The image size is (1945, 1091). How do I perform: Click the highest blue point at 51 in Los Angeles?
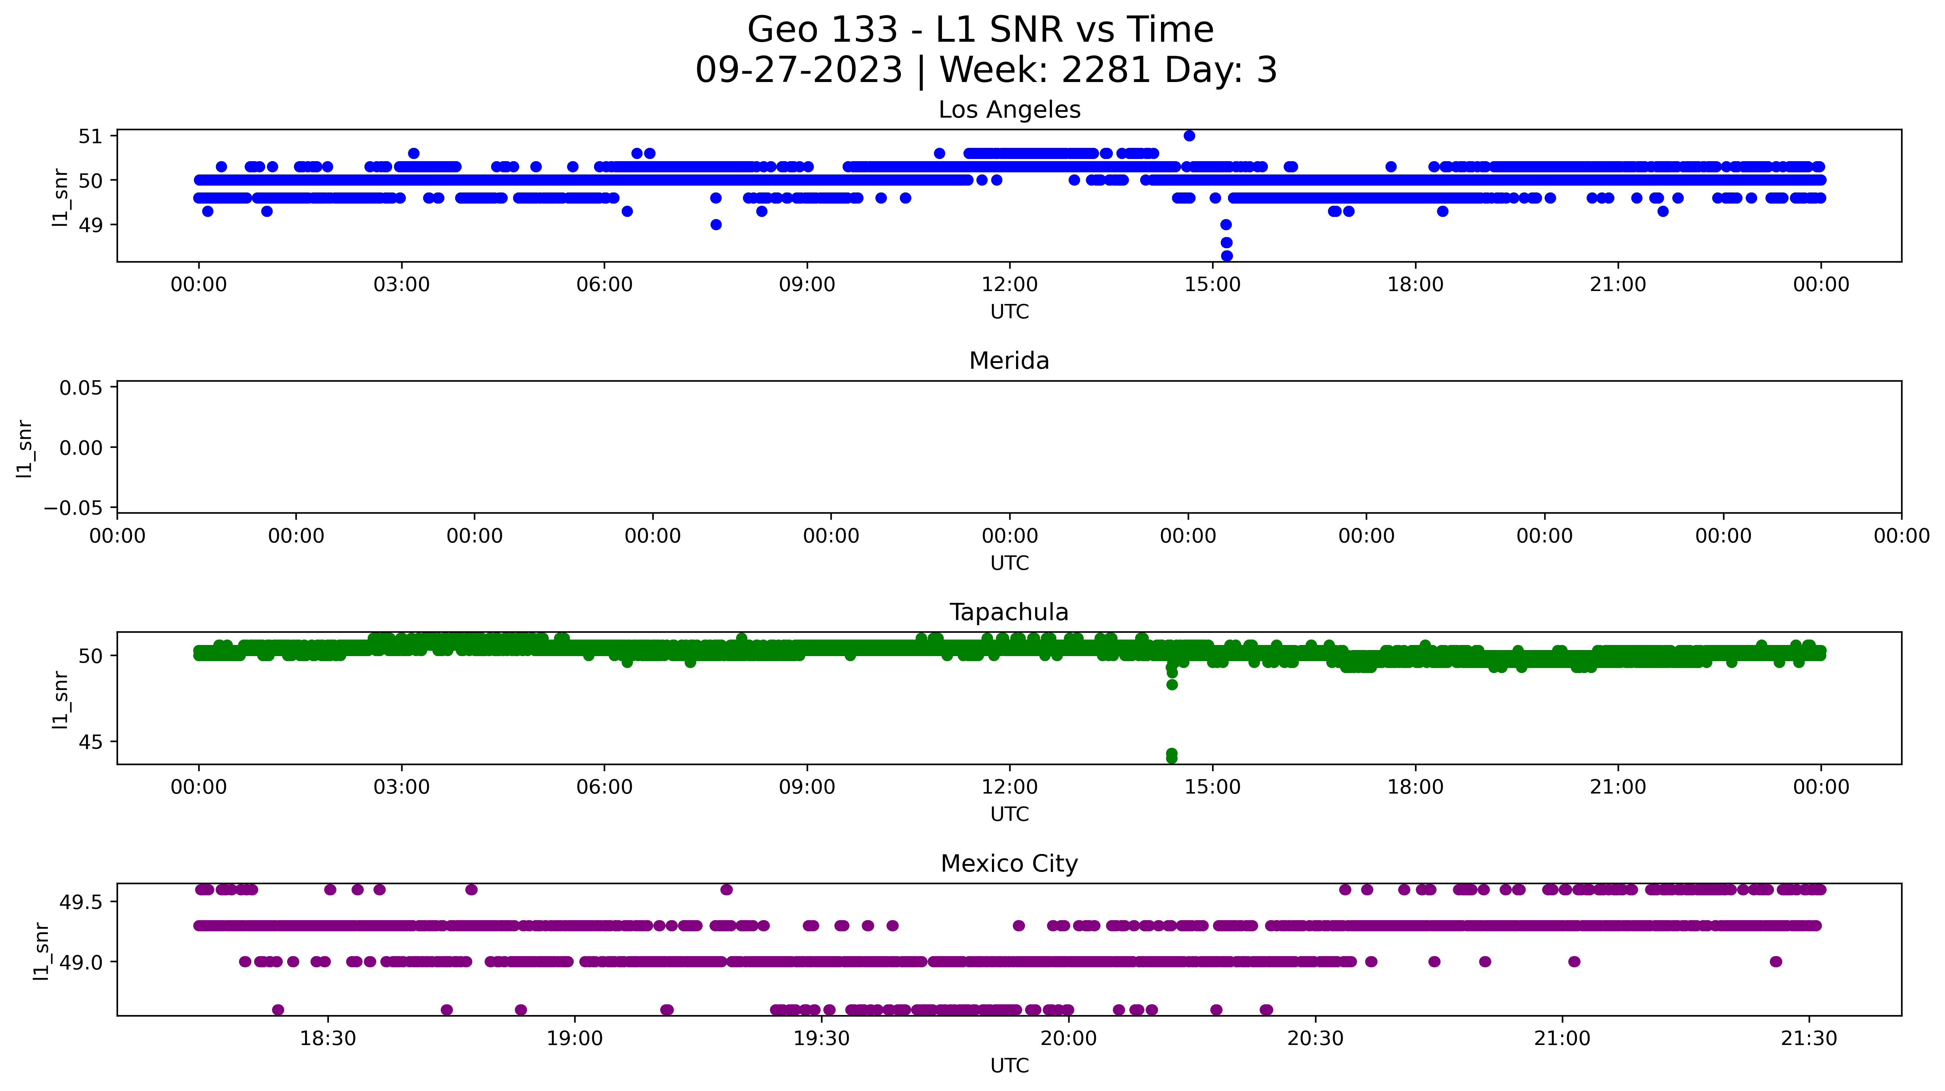[1189, 136]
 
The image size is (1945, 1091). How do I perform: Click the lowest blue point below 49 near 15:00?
[1226, 256]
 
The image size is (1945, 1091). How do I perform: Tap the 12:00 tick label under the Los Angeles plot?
[1010, 285]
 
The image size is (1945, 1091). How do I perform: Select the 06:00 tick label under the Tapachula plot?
[604, 787]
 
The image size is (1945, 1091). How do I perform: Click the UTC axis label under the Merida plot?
[1010, 563]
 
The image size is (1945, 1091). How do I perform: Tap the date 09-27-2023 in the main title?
[799, 70]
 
